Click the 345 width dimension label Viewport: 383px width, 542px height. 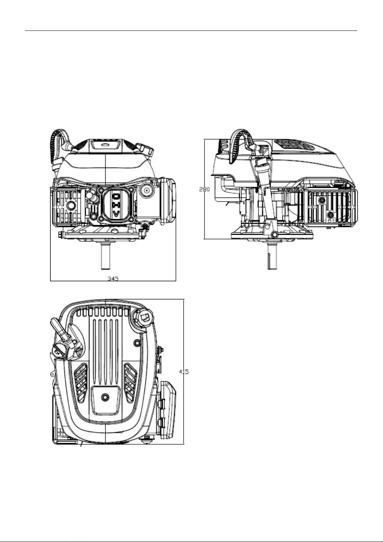[113, 278]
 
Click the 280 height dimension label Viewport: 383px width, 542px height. [204, 189]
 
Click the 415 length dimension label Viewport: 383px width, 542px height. [184, 372]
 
